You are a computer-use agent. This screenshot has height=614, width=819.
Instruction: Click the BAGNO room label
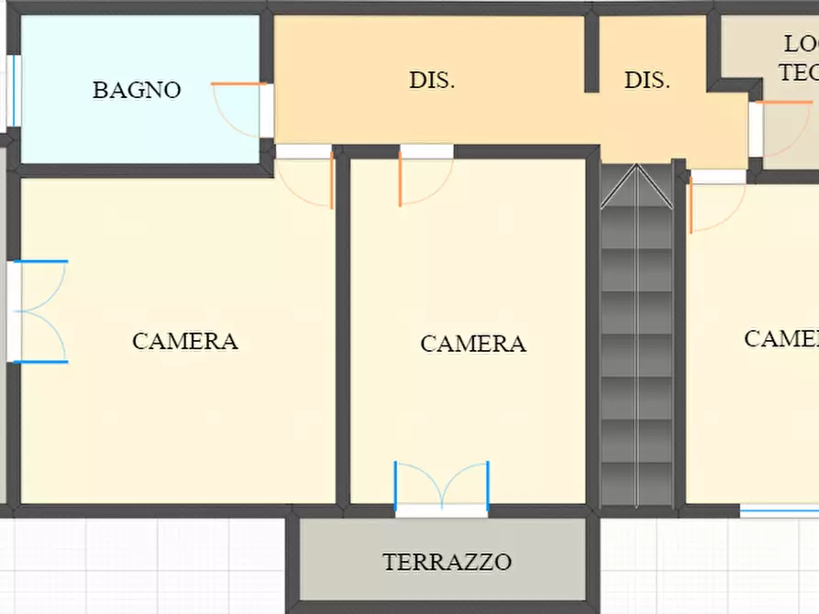click(x=137, y=90)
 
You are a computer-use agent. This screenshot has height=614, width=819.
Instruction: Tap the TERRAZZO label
click(x=447, y=562)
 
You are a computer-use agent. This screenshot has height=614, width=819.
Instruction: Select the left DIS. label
click(x=432, y=80)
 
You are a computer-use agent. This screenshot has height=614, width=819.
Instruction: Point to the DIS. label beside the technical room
click(x=647, y=80)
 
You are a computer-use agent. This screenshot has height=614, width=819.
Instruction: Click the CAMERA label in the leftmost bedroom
click(x=185, y=341)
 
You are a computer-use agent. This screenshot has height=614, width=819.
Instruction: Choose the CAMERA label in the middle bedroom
click(x=473, y=344)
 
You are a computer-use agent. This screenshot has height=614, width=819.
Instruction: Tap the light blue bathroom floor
click(x=138, y=128)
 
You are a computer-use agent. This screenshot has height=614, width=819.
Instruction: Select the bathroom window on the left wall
click(x=13, y=90)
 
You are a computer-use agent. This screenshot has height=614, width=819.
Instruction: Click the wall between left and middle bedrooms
click(x=342, y=330)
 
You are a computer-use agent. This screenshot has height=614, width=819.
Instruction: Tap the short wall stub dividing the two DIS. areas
click(x=592, y=53)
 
